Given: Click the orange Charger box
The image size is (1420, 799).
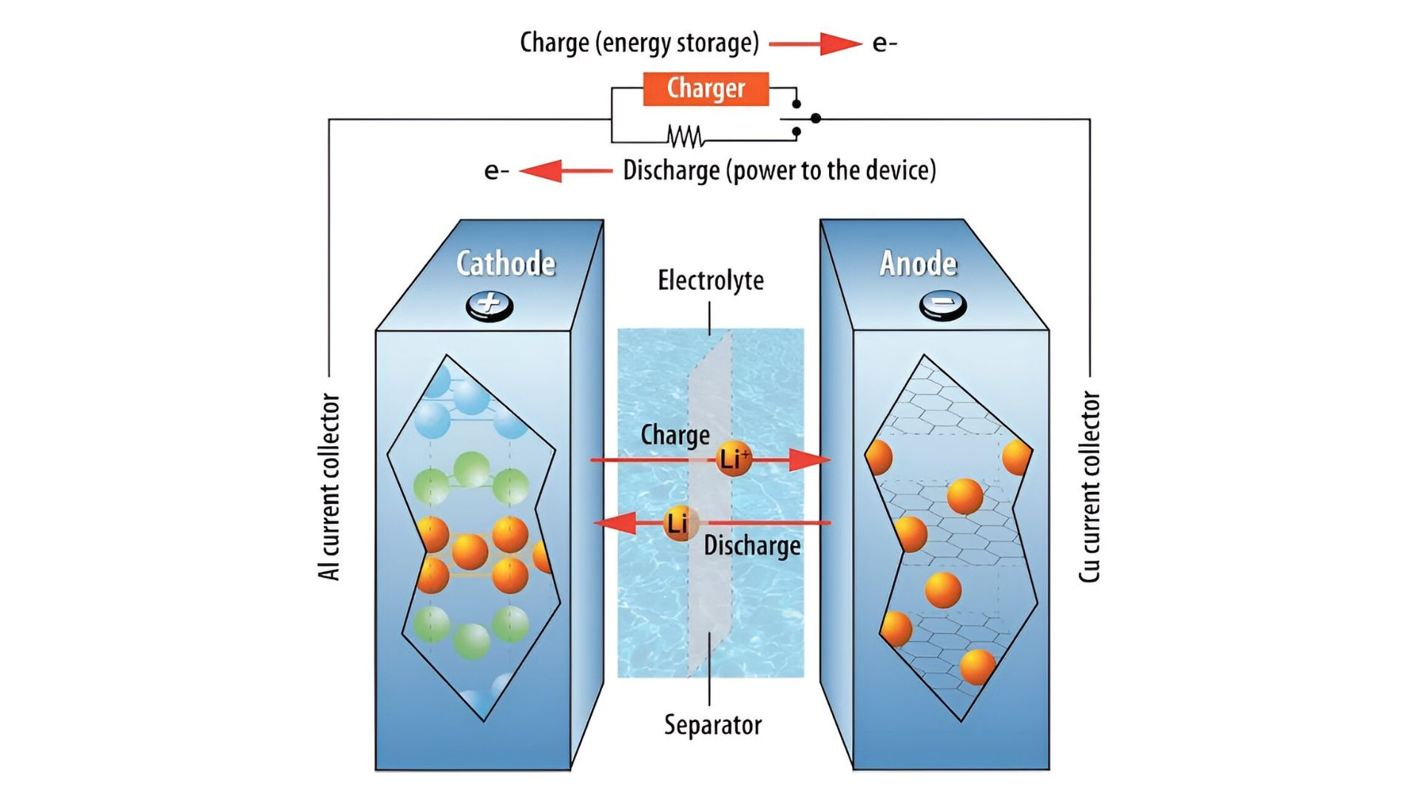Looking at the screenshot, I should pos(706,89).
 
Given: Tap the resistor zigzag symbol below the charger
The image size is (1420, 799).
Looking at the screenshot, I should pos(685,136).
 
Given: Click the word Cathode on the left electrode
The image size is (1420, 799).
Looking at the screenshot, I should pos(506,263).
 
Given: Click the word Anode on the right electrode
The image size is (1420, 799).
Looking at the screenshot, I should pos(918,263).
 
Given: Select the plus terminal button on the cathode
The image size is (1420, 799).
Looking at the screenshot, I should pos(490,304).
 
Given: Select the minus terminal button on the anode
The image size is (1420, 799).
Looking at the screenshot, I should pos(942,304).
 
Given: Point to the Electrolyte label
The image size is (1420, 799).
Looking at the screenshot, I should pos(711,280).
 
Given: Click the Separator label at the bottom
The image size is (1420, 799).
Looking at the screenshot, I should pos(712,724).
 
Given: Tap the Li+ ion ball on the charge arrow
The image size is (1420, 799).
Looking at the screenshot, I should pos(733,459).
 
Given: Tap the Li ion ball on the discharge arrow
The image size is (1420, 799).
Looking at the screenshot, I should pos(678,523).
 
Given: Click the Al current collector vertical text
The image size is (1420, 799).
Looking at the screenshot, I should pos(329,487).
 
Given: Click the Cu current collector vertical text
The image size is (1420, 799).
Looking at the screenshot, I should pos(1089,487).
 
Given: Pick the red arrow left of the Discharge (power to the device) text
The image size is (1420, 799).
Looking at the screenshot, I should pos(566,171).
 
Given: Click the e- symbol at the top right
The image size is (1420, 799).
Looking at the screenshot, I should pos(885,43).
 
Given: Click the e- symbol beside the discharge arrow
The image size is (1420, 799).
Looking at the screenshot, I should pos(496,171).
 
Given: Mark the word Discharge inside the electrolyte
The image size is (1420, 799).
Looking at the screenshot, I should pos(752,546).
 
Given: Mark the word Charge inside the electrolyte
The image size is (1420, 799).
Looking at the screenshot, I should pos(674,435).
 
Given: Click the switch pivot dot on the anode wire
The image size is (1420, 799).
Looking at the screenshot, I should pos(815,118).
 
